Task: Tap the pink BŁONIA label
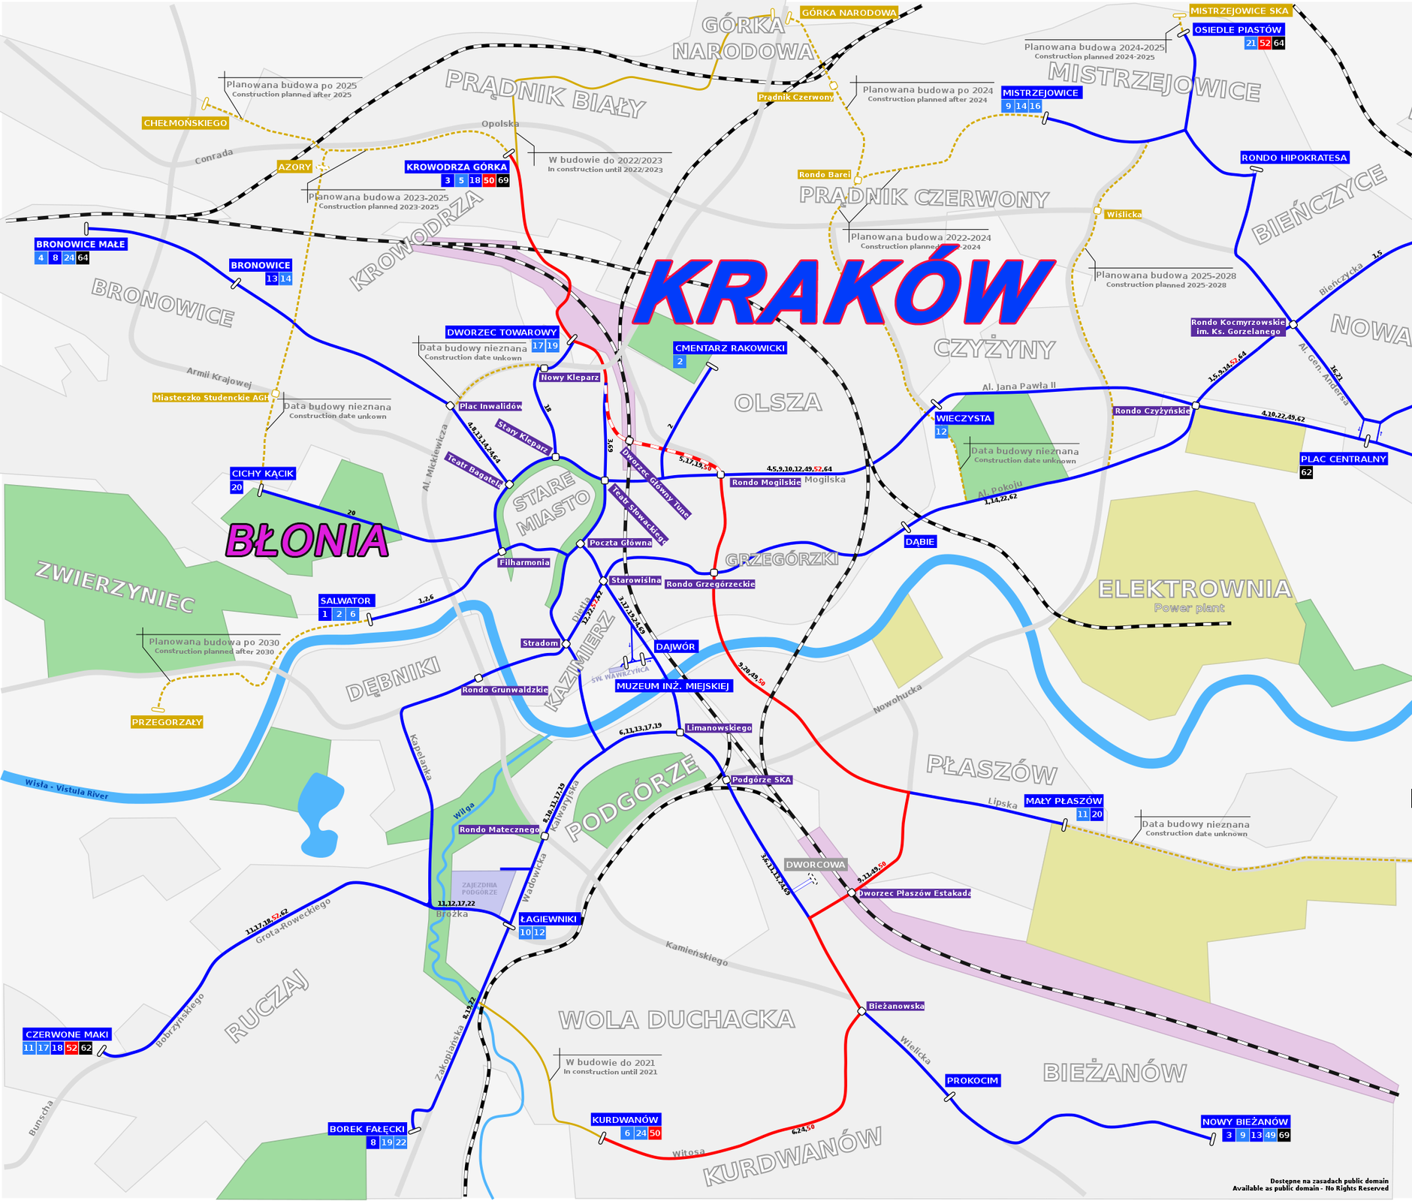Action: pyautogui.click(x=307, y=540)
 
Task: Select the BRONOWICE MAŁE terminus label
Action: pyautogui.click(x=81, y=244)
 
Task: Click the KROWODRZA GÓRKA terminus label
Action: pyautogui.click(x=457, y=167)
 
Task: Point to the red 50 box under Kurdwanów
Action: pyautogui.click(x=654, y=1133)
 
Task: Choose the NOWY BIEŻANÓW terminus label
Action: pyautogui.click(x=1245, y=1121)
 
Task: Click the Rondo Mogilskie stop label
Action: pyautogui.click(x=765, y=483)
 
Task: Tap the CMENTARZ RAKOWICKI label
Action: pyautogui.click(x=729, y=348)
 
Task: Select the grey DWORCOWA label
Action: pyautogui.click(x=816, y=865)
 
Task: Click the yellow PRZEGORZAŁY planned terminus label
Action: pyautogui.click(x=167, y=722)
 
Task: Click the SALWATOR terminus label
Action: pyautogui.click(x=345, y=600)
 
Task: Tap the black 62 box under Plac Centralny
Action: pyautogui.click(x=1306, y=472)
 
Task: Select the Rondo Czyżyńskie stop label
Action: pyautogui.click(x=1152, y=411)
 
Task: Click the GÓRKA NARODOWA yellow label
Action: pyautogui.click(x=849, y=13)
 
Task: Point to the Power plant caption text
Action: pyautogui.click(x=1189, y=608)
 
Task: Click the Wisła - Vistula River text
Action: pyautogui.click(x=66, y=789)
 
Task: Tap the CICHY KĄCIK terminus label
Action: pyautogui.click(x=263, y=474)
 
